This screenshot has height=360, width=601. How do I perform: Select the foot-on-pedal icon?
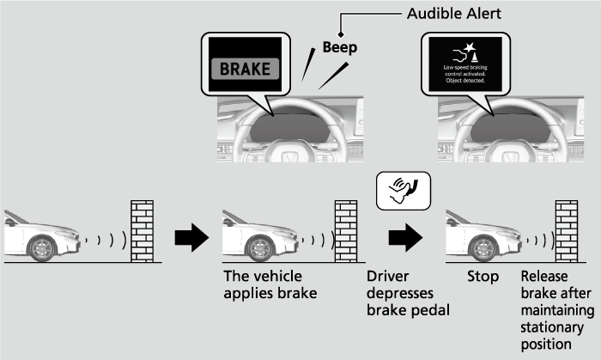(401, 189)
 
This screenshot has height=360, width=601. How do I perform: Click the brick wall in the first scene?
(141, 230)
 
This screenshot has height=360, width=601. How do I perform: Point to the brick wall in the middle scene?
(345, 230)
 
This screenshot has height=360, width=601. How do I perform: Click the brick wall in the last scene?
(566, 230)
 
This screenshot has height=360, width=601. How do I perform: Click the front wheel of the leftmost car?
(40, 247)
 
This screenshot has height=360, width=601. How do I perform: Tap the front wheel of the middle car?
(258, 247)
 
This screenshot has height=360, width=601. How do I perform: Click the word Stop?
(483, 278)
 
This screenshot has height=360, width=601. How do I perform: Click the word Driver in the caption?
(387, 278)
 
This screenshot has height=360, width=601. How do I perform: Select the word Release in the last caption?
(545, 278)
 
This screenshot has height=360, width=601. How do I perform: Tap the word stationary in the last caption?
(552, 327)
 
